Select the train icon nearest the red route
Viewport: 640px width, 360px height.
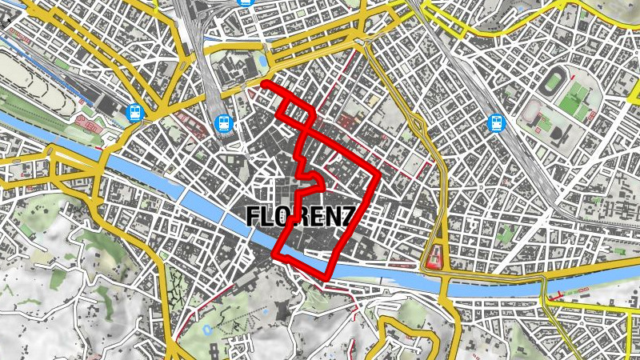[x=225, y=124]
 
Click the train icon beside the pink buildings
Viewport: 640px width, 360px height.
[x=134, y=113]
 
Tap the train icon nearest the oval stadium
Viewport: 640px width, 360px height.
[x=497, y=123]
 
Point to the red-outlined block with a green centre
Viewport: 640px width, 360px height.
[x=436, y=257]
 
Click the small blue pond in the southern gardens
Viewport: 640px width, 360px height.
[x=206, y=329]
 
